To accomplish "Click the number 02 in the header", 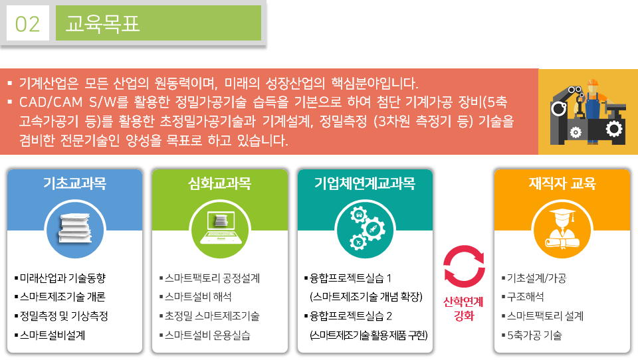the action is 28,24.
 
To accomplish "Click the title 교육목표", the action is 102,24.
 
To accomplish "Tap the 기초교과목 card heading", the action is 75,183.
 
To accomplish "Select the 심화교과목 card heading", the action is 220,183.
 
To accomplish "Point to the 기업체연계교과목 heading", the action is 365,183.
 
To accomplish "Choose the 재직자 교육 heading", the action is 562,183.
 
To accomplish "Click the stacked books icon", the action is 75,229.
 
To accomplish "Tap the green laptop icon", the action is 220,228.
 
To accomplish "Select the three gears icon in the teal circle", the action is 365,229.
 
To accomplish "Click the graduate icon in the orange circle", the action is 562,229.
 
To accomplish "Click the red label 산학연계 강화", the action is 463,309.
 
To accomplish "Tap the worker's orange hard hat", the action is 593,82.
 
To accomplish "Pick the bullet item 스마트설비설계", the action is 50,335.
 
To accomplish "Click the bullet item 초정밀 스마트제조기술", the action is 209,316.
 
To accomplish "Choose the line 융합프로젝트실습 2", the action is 348,316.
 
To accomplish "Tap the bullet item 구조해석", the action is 522,297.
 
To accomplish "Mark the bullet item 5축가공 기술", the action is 532,335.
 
